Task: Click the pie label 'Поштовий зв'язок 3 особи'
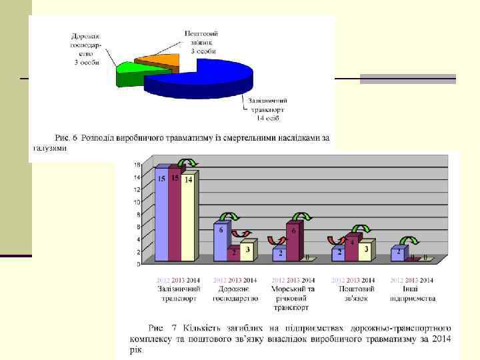(x=201, y=42)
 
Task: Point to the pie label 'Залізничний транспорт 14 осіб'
(x=267, y=109)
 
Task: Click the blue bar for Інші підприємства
(x=398, y=253)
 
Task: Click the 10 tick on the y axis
(x=137, y=202)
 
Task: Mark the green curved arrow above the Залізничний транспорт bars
(x=187, y=162)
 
